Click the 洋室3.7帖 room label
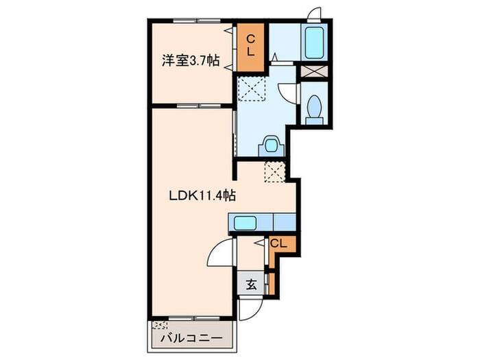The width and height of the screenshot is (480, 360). click(x=191, y=61)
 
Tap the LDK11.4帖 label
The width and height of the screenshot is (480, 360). click(x=204, y=195)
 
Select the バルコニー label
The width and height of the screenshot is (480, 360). click(x=191, y=339)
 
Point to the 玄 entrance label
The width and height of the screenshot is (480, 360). click(x=251, y=285)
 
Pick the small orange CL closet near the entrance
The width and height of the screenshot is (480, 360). click(x=278, y=243)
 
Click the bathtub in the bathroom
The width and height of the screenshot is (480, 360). click(x=315, y=43)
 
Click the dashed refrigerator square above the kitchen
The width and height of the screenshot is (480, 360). click(x=275, y=171)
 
